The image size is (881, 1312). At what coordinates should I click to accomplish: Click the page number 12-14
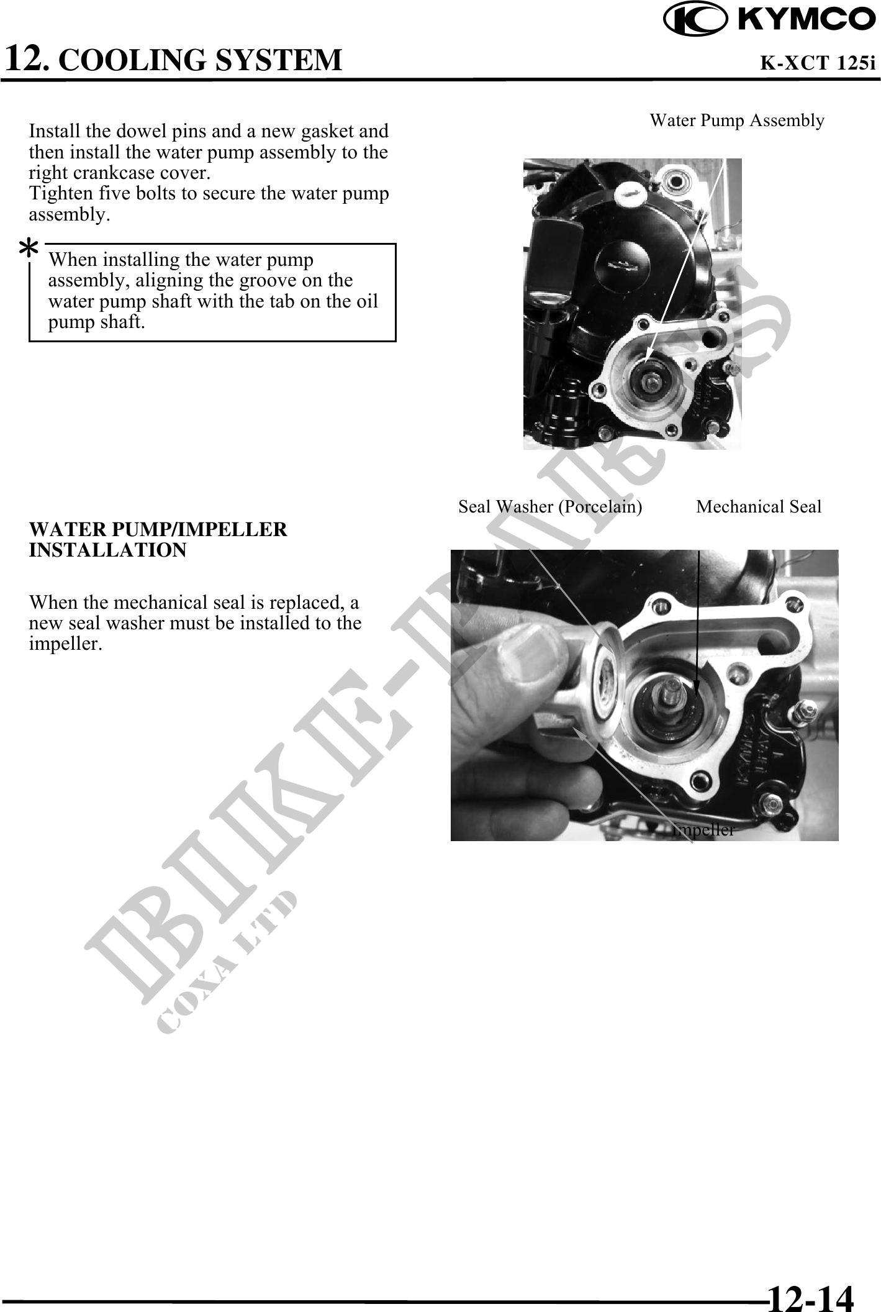point(811,1295)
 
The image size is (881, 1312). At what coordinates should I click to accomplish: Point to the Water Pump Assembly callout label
point(737,120)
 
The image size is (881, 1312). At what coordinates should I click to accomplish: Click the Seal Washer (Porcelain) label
point(550,506)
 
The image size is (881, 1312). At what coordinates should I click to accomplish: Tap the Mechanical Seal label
point(759,506)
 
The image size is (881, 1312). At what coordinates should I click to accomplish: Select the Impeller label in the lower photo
point(703,830)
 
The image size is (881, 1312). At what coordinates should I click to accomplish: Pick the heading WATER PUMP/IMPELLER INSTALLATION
point(158,539)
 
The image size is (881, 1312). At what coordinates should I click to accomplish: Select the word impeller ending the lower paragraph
point(65,644)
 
